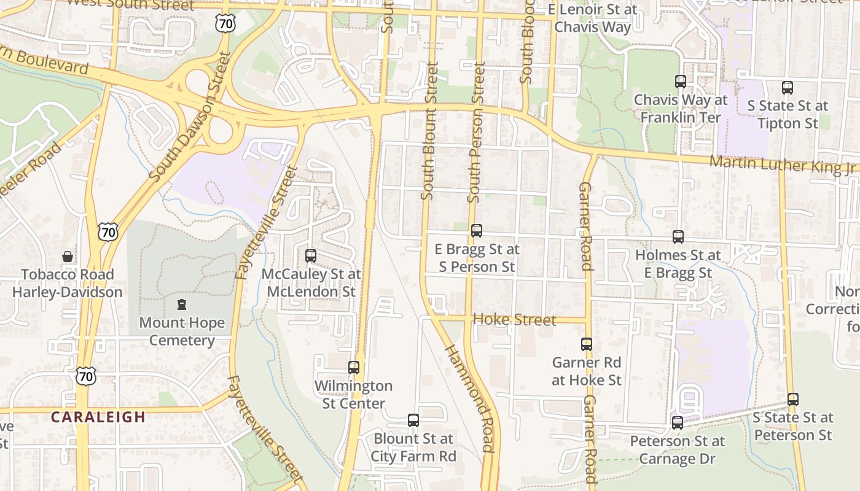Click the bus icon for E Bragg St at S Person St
[477, 231]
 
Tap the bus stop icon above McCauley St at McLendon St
[311, 255]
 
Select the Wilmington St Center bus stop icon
[354, 368]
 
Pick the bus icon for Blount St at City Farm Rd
[413, 420]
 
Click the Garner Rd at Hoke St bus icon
[587, 344]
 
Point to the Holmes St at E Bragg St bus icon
[678, 236]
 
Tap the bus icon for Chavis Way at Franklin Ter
[681, 82]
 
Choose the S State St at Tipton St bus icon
[788, 88]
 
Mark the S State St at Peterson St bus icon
[793, 400]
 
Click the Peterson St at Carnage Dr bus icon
[678, 423]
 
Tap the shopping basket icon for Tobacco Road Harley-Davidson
[68, 257]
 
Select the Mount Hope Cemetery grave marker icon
[182, 304]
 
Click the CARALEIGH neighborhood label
[98, 417]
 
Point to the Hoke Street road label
[515, 320]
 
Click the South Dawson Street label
[190, 117]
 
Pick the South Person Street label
[476, 132]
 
